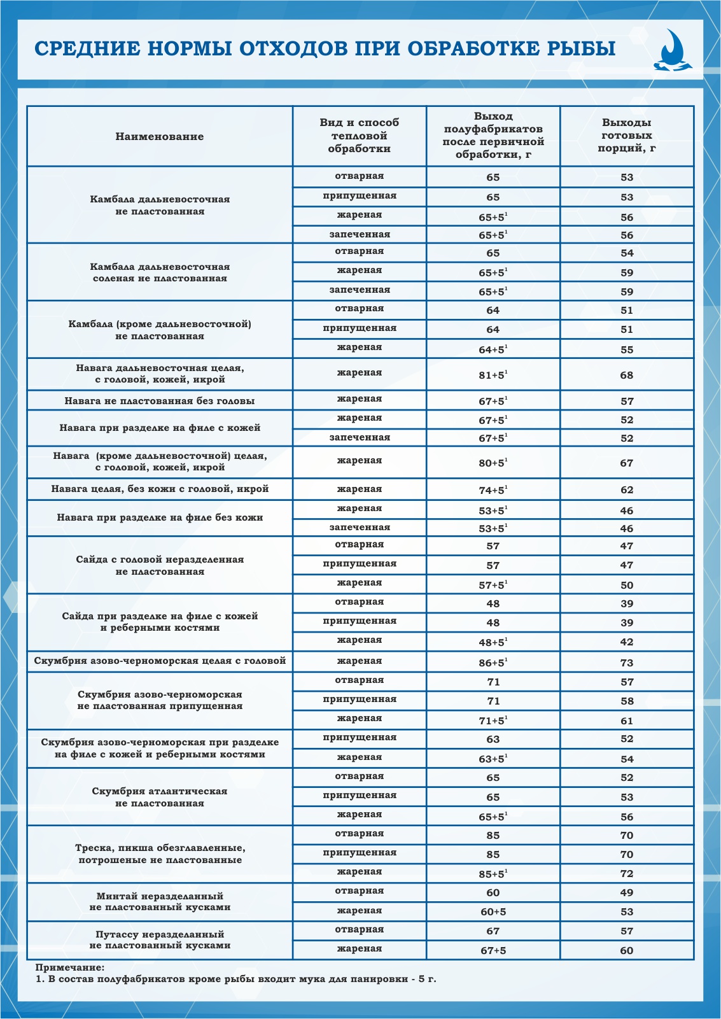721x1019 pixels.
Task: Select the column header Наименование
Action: [x=160, y=136]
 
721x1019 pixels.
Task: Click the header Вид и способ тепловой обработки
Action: [x=360, y=136]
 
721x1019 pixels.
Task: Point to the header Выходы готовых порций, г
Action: [x=627, y=136]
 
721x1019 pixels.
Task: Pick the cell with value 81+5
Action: [x=493, y=375]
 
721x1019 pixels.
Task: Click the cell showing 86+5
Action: [x=493, y=663]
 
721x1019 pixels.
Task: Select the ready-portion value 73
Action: [x=627, y=663]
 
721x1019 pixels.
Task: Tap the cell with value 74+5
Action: [x=493, y=490]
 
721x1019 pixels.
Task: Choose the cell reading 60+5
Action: [x=493, y=911]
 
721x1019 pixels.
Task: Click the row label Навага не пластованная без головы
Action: [x=160, y=401]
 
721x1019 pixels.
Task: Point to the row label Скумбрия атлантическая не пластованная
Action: [x=160, y=797]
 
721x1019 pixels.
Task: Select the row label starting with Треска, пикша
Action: [x=160, y=854]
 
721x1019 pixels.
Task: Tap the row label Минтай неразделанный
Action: [x=160, y=901]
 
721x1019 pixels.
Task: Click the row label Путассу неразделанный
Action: [x=160, y=939]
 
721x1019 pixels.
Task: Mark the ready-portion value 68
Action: [x=627, y=375]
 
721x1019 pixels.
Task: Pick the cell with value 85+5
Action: [x=493, y=874]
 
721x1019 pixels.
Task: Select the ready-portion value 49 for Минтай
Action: [x=627, y=892]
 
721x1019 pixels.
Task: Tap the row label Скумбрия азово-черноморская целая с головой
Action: [x=160, y=661]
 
